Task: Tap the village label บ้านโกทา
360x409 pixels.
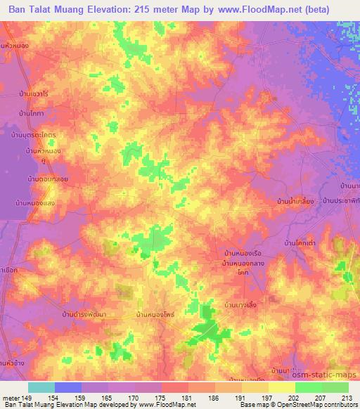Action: [33, 113]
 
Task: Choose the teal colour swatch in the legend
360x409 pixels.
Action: [41, 387]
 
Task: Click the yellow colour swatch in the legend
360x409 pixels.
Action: [281, 387]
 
